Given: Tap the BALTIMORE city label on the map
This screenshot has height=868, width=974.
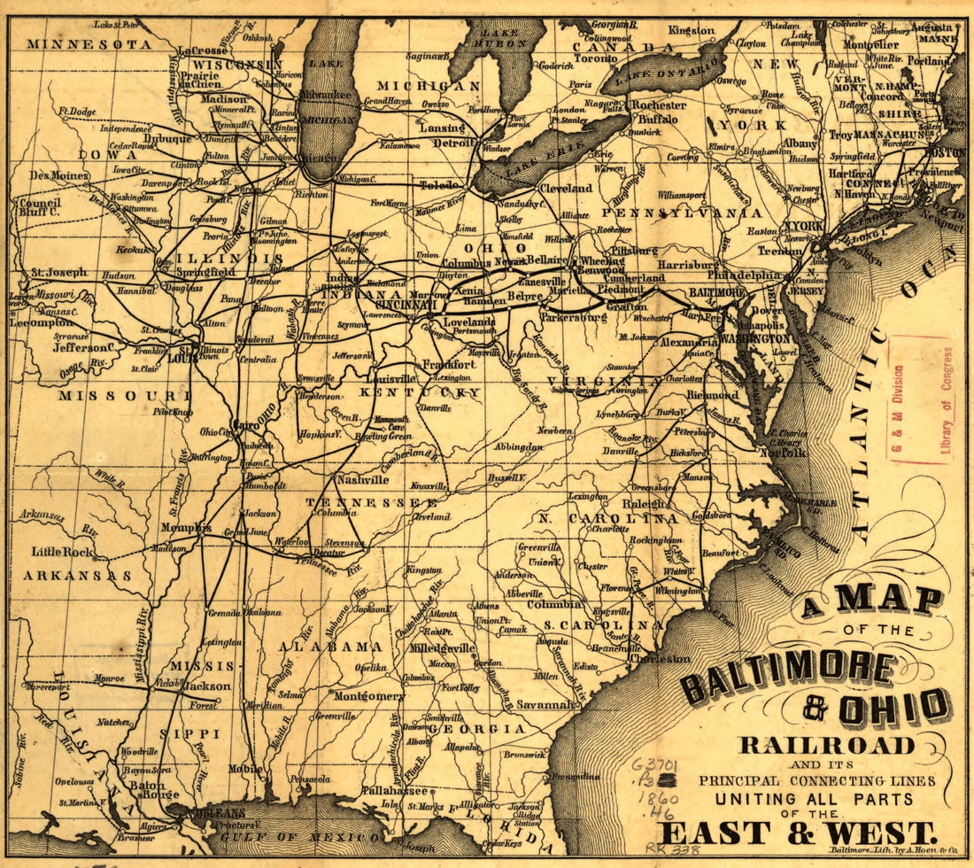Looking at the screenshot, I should click(x=718, y=292).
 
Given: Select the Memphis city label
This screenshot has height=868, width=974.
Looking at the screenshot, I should click(x=185, y=528).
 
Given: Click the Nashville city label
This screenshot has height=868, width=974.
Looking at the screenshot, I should click(x=362, y=479).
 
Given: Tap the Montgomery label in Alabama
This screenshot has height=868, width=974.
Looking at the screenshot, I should click(x=369, y=696).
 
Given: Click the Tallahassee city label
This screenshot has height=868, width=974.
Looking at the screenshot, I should click(x=395, y=791).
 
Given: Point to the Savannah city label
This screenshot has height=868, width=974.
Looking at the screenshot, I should click(x=546, y=705).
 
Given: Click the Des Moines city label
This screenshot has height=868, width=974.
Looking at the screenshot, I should click(x=58, y=175).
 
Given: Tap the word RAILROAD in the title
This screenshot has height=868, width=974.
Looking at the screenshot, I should click(x=827, y=745).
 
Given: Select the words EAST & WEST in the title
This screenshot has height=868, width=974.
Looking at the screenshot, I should click(x=796, y=833).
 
